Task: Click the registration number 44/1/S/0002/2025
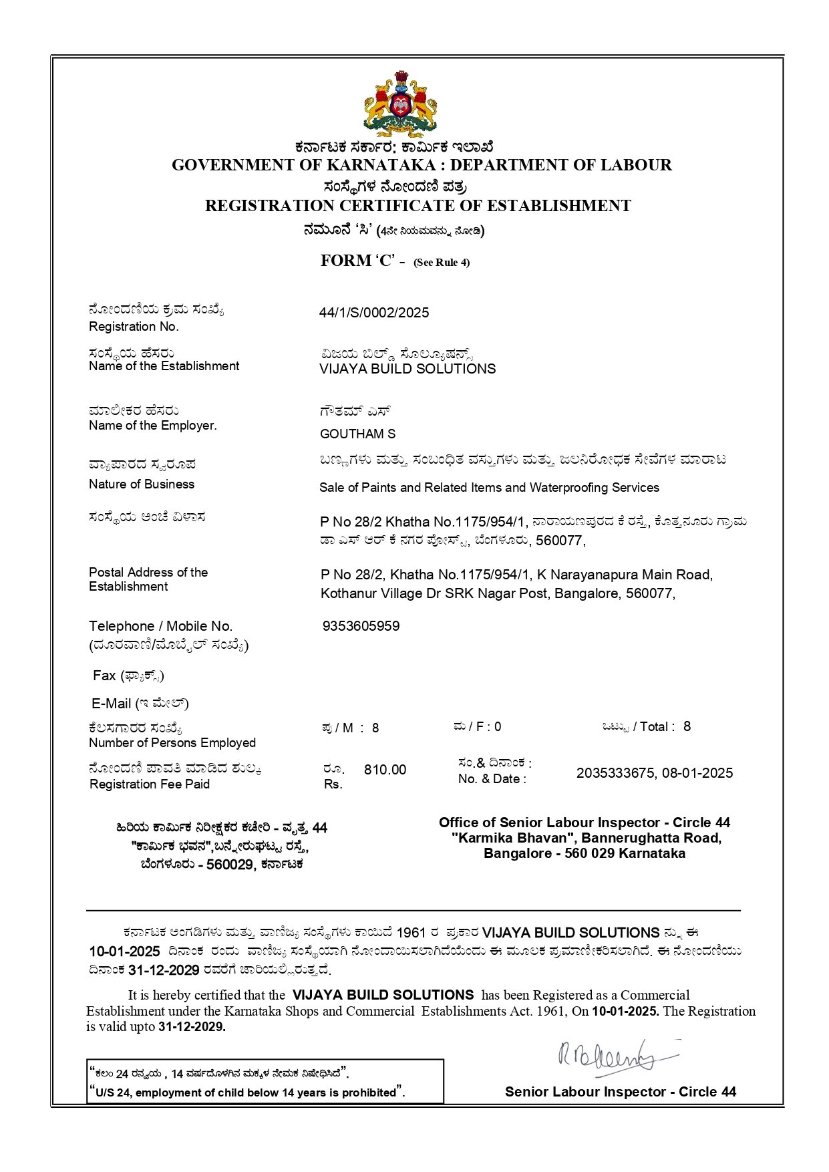point(374,313)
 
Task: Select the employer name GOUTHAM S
point(357,434)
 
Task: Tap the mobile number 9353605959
point(361,626)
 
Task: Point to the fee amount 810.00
point(385,770)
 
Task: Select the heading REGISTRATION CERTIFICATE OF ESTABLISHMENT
point(418,206)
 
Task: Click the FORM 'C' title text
point(357,261)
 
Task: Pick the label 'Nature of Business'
point(142,484)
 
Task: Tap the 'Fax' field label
point(104,676)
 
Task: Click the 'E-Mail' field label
point(112,704)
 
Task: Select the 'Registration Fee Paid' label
point(150,784)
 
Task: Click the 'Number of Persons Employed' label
point(172,742)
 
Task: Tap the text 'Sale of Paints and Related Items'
point(410,488)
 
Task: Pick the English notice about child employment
point(247,1092)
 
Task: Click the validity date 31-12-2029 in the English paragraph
point(192,1027)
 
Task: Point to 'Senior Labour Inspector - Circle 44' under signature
point(621,1092)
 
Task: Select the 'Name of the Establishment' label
point(164,366)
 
